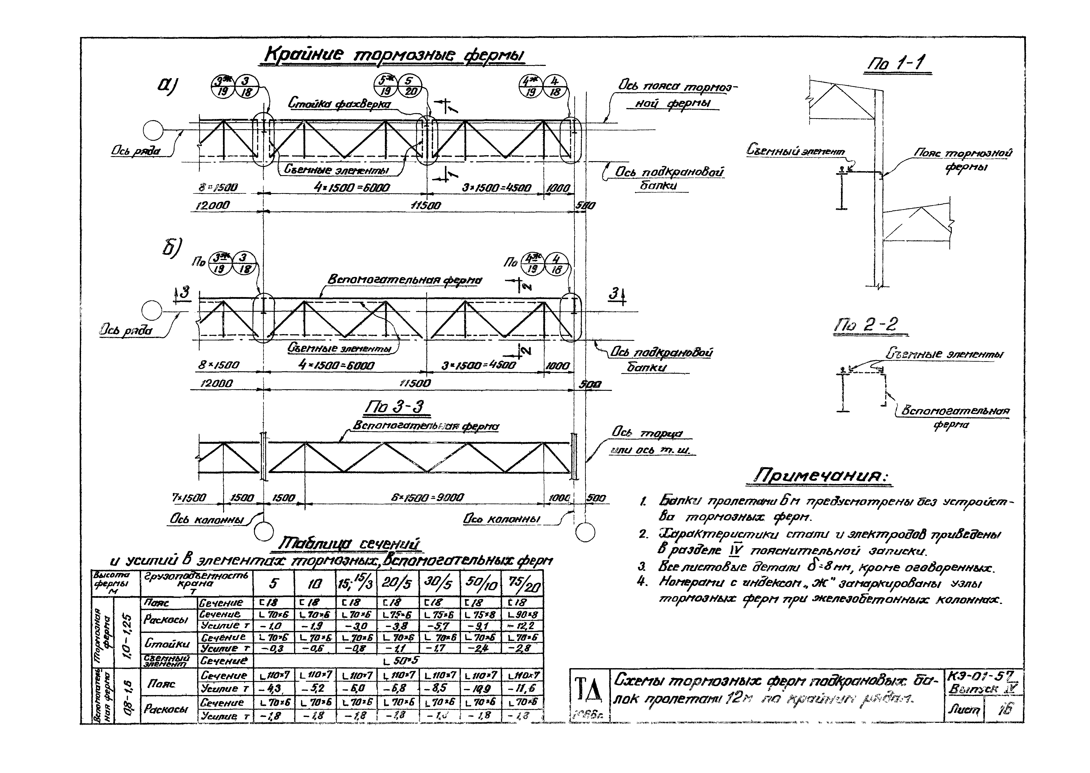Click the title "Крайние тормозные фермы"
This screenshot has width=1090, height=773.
click(x=394, y=56)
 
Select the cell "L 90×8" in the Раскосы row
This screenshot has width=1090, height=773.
click(x=523, y=615)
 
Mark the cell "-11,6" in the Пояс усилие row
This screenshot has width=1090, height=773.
click(x=523, y=689)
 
